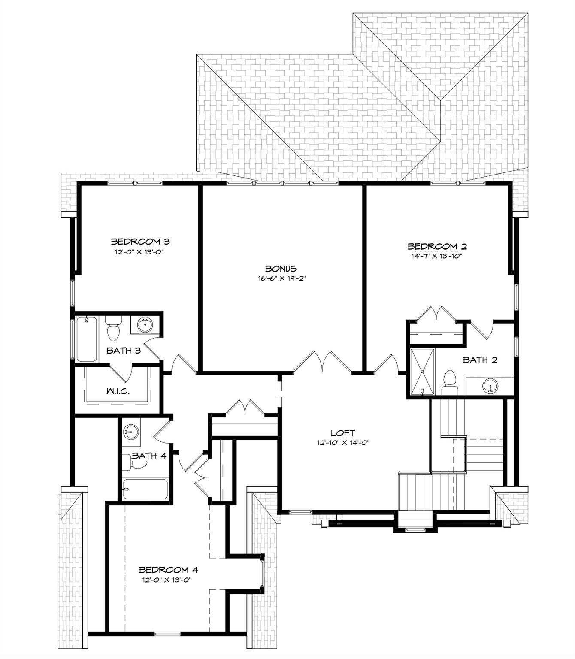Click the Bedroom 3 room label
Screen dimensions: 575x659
(140, 242)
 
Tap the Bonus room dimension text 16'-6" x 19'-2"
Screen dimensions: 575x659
(281, 278)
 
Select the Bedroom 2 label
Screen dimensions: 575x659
(437, 246)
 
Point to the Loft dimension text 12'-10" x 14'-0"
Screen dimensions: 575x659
(343, 443)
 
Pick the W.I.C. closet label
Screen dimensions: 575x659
(118, 391)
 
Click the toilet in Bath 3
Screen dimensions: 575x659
(113, 328)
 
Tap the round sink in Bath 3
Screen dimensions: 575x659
(145, 325)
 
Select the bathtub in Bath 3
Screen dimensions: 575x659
(86, 339)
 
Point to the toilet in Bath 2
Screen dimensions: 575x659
(450, 383)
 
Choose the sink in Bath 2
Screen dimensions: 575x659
(490, 385)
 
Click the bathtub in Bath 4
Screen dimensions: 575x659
(145, 489)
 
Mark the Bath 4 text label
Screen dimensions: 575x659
(149, 456)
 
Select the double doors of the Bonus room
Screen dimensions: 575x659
(322, 361)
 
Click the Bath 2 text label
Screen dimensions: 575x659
(480, 360)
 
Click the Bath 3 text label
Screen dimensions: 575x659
(124, 351)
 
